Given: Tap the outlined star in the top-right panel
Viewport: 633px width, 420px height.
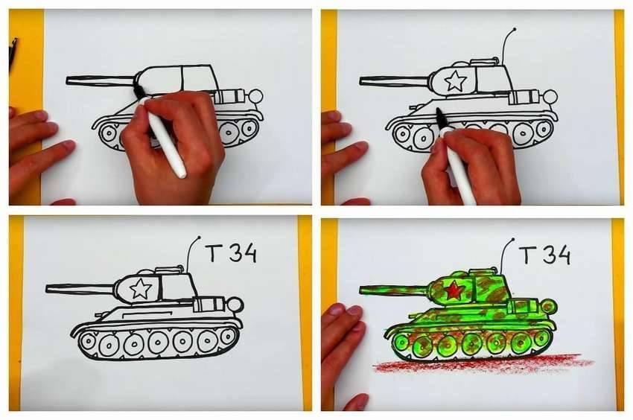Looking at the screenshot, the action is [455, 80].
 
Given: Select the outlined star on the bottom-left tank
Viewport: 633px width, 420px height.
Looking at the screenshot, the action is [140, 289].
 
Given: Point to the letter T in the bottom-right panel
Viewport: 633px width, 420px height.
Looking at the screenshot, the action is [527, 255].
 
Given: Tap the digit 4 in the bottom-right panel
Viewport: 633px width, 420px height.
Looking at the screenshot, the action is [563, 255].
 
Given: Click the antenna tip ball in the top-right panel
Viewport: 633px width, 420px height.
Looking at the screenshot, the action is [514, 30].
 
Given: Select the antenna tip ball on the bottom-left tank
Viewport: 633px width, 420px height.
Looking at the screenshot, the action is [198, 238].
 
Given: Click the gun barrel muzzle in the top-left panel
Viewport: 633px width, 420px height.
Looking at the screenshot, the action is [68, 80].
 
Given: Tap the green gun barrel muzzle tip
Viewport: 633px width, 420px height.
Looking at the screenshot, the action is [361, 290].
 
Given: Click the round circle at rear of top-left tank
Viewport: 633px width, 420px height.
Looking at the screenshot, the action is [255, 97].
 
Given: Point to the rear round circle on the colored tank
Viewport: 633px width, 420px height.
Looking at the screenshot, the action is [549, 306].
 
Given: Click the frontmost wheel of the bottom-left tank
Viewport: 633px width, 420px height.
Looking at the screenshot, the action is [87, 342].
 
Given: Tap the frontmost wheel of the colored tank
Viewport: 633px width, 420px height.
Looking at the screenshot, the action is [401, 343].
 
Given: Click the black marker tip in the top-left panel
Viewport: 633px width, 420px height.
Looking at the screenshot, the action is [138, 90].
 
